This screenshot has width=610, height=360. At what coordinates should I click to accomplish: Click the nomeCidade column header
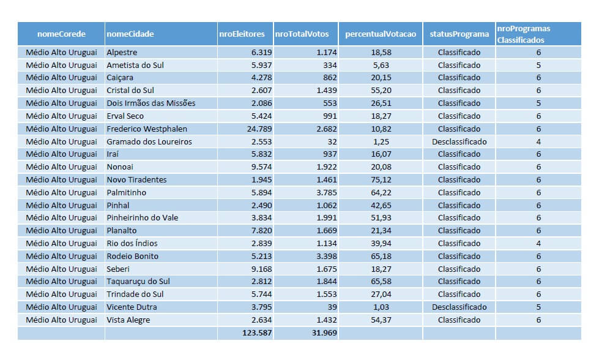click(x=130, y=34)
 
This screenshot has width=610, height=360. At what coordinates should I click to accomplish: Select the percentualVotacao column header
click(x=380, y=34)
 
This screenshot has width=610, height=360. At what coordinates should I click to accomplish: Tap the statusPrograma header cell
click(x=459, y=34)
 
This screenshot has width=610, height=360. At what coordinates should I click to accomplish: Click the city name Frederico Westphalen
click(x=147, y=129)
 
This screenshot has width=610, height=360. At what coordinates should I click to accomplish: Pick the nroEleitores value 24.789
click(x=257, y=129)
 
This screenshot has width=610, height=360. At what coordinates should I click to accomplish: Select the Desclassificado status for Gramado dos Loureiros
click(x=459, y=141)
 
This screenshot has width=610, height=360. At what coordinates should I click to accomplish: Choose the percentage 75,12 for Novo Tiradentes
click(x=381, y=179)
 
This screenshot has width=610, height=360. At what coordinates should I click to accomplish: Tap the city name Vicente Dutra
click(x=132, y=307)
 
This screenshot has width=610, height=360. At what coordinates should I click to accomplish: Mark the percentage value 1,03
click(x=381, y=307)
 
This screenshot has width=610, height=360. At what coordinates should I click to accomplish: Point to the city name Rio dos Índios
click(x=132, y=243)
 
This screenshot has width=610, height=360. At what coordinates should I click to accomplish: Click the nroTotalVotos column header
click(x=302, y=34)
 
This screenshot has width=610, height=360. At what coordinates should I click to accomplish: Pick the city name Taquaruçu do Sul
click(x=138, y=281)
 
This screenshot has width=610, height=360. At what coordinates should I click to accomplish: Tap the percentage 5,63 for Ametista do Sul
click(x=381, y=65)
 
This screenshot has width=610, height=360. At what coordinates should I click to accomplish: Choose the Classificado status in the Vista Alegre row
click(x=459, y=320)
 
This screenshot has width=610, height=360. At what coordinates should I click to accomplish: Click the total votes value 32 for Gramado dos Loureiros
click(x=331, y=141)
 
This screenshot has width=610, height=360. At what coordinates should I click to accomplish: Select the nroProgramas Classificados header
click(x=523, y=34)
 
